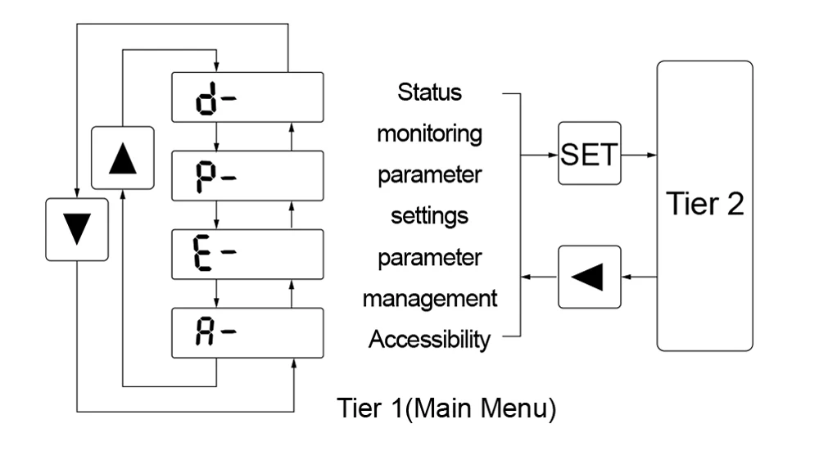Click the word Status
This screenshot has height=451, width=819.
click(x=430, y=92)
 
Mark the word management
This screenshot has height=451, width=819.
click(x=429, y=298)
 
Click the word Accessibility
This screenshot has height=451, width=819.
click(x=429, y=339)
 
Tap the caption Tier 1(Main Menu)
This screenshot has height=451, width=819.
click(x=447, y=408)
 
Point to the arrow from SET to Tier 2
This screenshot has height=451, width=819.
click(x=639, y=153)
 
